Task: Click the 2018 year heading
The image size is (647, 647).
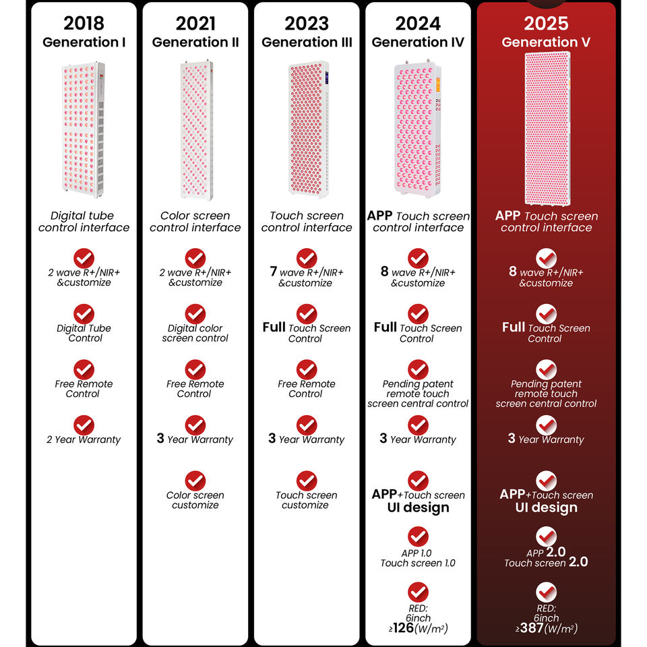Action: [84, 23]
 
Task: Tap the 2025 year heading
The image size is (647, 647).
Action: [547, 23]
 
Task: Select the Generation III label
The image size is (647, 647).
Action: [307, 42]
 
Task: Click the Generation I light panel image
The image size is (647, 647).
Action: [84, 129]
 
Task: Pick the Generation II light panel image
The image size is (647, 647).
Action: [195, 129]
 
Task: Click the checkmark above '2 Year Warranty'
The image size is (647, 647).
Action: [84, 425]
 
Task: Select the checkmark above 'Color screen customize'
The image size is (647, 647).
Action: [195, 481]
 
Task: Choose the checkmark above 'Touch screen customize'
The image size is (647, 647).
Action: [307, 481]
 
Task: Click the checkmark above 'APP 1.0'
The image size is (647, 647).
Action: [418, 536]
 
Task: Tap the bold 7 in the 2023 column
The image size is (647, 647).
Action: [274, 272]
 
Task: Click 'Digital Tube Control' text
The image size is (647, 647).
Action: [84, 333]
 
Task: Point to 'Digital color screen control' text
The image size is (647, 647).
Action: [195, 333]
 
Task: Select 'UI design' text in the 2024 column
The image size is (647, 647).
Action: [418, 507]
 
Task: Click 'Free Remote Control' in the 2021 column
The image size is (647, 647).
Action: [195, 389]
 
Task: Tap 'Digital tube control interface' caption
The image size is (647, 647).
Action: [84, 222]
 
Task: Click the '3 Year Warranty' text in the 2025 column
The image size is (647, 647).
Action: [546, 439]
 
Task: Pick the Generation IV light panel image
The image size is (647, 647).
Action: [418, 129]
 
